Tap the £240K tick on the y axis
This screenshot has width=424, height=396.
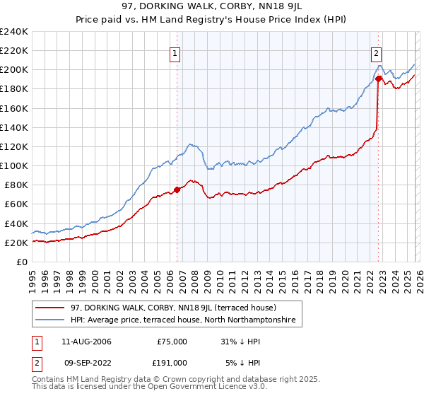(14, 32)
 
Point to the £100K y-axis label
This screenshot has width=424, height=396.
(14, 165)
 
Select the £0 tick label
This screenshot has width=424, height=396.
(23, 262)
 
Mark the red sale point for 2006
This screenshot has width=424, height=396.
(177, 189)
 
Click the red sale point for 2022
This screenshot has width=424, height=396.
(378, 78)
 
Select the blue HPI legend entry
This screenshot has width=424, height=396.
(186, 320)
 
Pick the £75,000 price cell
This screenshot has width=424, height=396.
(172, 342)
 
